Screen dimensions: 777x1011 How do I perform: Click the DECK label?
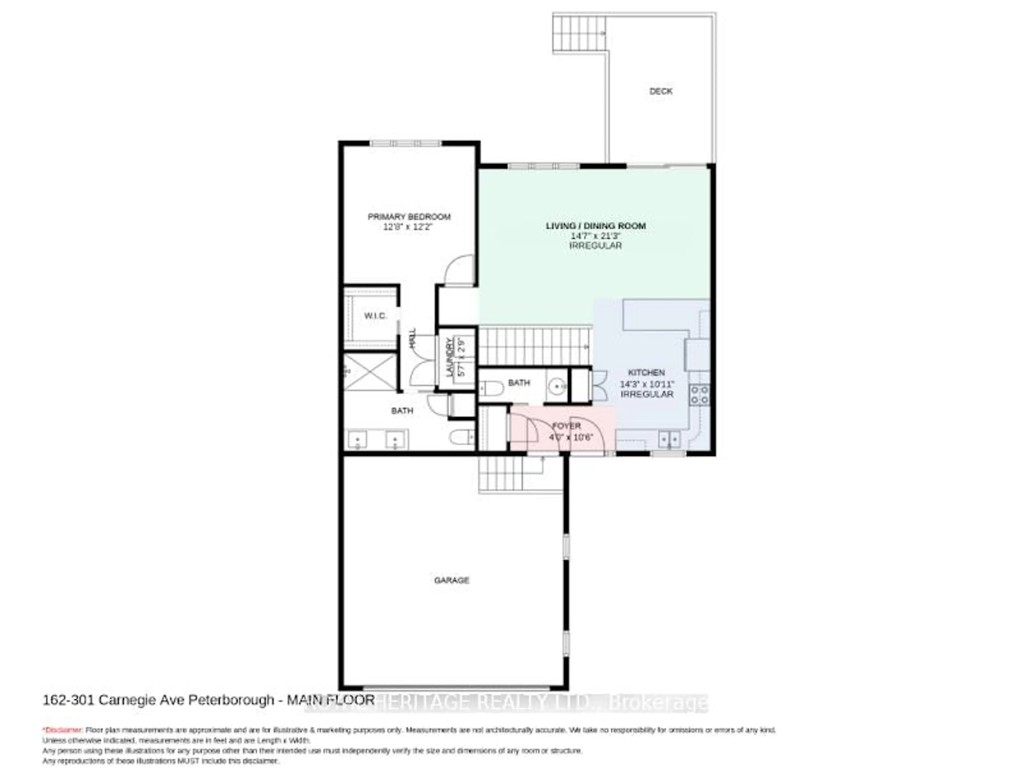pos(660,91)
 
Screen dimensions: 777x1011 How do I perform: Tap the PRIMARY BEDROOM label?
pos(409,216)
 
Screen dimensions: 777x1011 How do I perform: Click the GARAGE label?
pos(451,580)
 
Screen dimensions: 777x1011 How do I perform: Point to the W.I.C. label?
pos(375,316)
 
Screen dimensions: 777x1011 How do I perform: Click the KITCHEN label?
pos(646,372)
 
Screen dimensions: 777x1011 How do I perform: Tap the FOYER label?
pos(566,426)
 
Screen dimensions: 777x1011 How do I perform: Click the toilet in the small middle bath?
pos(491,387)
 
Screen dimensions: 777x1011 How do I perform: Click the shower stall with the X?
pos(370,372)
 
